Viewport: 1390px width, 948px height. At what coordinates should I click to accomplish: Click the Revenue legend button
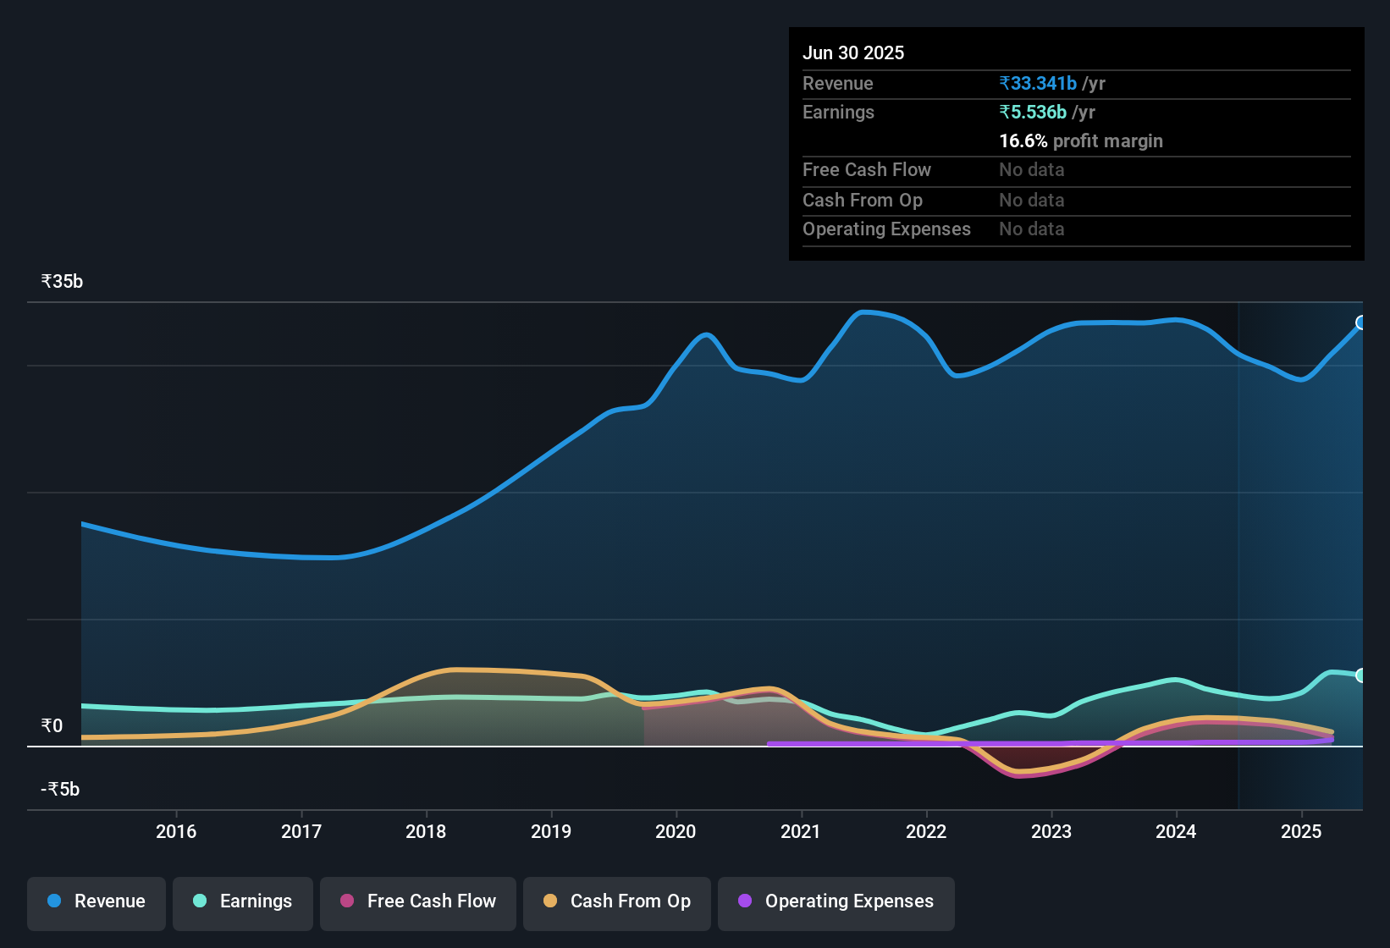[x=97, y=901]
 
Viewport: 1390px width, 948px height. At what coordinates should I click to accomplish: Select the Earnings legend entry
[x=243, y=901]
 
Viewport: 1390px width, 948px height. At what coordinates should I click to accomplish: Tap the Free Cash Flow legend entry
[x=418, y=901]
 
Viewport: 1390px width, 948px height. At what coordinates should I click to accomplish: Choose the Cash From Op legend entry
[x=617, y=901]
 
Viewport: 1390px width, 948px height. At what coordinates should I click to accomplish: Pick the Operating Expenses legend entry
[x=836, y=901]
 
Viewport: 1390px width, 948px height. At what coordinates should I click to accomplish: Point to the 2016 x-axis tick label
[x=176, y=832]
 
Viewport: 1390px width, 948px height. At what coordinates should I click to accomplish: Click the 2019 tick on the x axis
[x=551, y=832]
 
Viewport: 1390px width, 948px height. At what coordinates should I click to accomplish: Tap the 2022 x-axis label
[x=926, y=832]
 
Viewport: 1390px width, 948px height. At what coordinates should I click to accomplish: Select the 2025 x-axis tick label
[x=1301, y=832]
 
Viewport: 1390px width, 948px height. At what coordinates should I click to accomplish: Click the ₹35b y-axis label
[x=62, y=282]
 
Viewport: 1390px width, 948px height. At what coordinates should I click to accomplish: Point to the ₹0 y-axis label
[x=52, y=726]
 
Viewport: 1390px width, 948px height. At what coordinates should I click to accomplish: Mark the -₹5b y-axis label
[x=60, y=790]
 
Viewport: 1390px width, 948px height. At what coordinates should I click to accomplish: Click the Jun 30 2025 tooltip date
[x=853, y=53]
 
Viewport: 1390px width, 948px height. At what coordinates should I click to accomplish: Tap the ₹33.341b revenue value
[x=1038, y=84]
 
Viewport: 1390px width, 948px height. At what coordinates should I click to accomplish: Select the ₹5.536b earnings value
[x=1033, y=113]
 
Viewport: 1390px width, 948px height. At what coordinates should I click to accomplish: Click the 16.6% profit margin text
[x=1080, y=141]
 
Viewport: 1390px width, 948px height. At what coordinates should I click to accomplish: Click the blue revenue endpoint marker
[x=1361, y=322]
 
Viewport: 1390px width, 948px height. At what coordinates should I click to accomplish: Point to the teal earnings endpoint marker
[x=1361, y=675]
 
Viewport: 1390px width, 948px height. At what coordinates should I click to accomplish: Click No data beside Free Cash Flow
[x=1031, y=170]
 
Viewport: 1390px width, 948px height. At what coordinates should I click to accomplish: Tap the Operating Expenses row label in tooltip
[x=886, y=229]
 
